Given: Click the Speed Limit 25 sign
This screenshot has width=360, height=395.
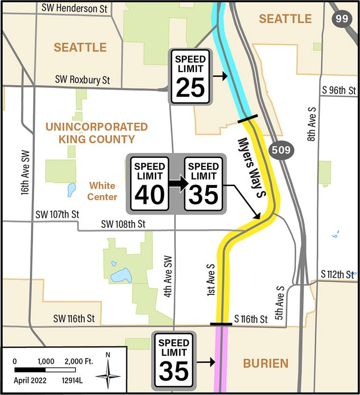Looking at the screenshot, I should click(x=190, y=77).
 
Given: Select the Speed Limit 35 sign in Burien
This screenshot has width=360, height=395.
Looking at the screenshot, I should click(x=174, y=360).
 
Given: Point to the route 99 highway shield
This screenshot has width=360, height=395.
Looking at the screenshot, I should click(x=340, y=19).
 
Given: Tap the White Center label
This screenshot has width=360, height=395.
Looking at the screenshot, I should click(x=102, y=191).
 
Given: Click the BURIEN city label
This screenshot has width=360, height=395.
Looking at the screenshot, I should click(x=265, y=363).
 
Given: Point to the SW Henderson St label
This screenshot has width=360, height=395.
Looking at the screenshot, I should click(x=75, y=8).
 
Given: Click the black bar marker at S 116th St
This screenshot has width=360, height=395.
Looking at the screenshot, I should click(x=221, y=323).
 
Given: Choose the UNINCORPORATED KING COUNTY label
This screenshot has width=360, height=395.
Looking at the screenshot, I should click(x=96, y=133).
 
